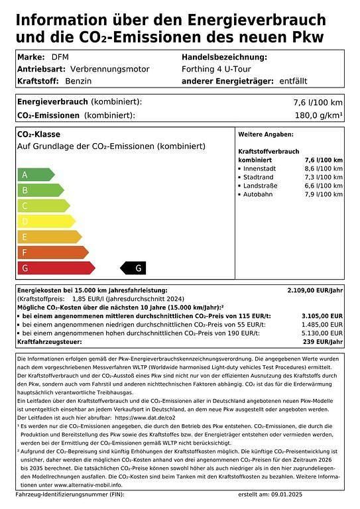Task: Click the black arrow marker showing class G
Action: pos(133,268)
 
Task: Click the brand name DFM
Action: pos(60,57)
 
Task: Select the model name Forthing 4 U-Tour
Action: pos(216,69)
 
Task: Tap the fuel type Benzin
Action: pos(78,81)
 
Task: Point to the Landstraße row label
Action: pos(262,186)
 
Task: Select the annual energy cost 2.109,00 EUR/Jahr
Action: pos(315,290)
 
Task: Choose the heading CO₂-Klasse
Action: pos(38,135)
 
